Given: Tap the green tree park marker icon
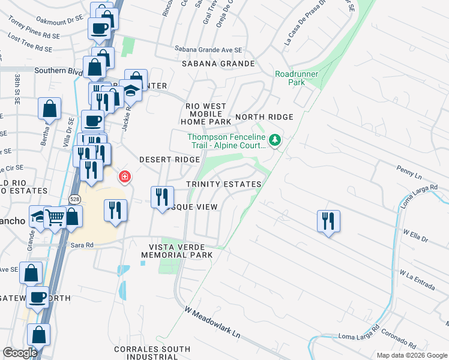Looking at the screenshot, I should pos(275,140).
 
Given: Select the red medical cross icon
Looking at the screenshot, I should pos(124,176).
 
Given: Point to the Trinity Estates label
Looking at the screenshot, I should pos(224,184).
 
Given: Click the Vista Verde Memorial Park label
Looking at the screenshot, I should pos(177,251).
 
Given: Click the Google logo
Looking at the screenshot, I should pos(20,353).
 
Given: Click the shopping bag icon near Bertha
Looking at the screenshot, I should pos(50,109).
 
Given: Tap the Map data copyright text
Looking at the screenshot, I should pos(411,355).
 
